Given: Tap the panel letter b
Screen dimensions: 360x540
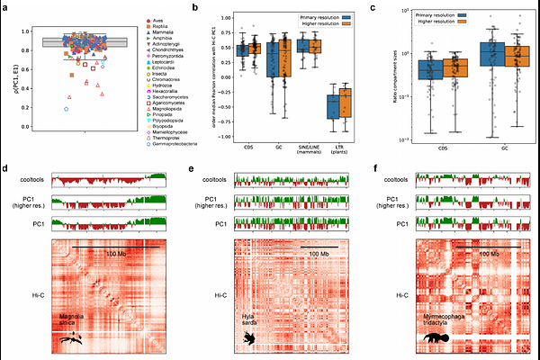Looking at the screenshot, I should pos(196,7).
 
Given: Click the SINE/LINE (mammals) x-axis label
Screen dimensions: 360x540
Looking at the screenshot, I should pos(309,153).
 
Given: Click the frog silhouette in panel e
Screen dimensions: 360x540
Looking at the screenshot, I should pos(248,337).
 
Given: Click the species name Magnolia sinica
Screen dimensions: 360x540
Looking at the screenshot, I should pos(74,321).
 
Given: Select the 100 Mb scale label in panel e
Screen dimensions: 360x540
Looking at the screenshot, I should pos(319,255).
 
